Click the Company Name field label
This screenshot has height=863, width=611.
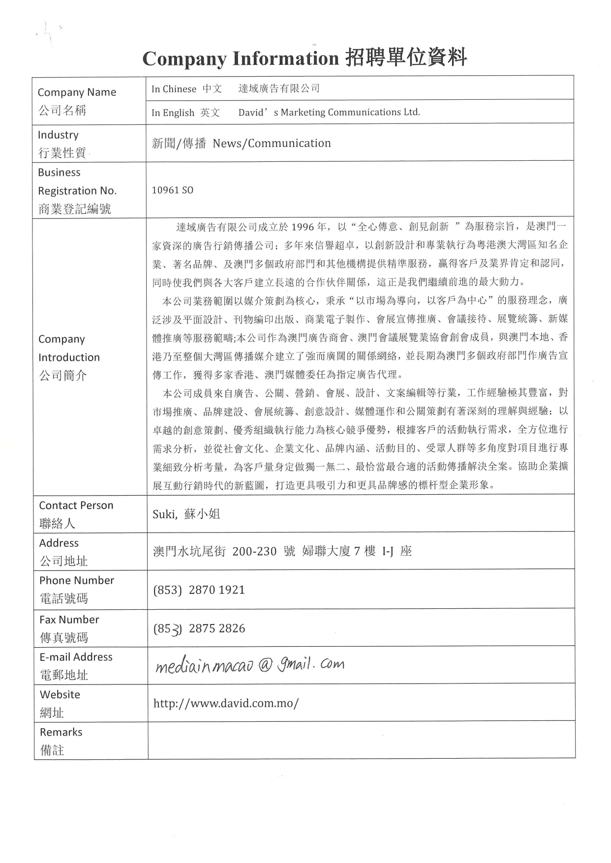point(77,92)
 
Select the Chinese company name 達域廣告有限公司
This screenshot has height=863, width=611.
point(279,89)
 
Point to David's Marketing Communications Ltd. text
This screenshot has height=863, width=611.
point(329,112)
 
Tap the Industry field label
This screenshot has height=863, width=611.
point(58,135)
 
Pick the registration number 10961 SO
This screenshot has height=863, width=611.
point(172,190)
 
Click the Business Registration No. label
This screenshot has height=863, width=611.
point(77,190)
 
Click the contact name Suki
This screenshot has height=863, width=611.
point(164,514)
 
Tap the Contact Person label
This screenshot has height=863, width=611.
point(76,506)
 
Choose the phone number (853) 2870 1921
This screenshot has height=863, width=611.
point(199,590)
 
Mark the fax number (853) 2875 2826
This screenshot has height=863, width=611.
point(199,628)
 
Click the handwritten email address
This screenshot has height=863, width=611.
point(250,665)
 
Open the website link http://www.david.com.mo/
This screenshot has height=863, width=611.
point(226,703)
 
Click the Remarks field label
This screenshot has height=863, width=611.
point(61,732)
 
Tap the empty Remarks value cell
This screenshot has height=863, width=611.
point(361,740)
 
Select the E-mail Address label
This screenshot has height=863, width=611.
point(76,657)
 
